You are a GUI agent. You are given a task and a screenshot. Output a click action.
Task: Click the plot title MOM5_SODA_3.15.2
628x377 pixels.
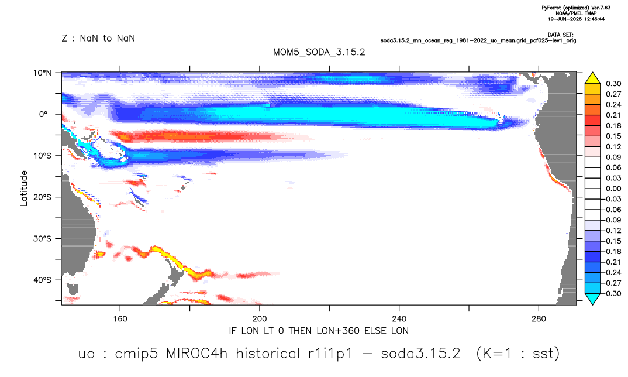tap(319, 53)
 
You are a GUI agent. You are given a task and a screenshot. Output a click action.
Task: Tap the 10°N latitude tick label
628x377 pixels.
tap(42, 73)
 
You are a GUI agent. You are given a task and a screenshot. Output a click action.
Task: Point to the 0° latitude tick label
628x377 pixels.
tap(44, 114)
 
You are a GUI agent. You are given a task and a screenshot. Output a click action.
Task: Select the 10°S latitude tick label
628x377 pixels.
tap(42, 156)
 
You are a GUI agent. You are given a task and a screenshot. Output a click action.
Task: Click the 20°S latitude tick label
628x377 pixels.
tap(42, 197)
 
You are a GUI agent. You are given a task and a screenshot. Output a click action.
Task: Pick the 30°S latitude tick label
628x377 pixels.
tap(42, 239)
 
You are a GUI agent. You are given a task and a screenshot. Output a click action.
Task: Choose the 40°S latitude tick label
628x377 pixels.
tap(42, 280)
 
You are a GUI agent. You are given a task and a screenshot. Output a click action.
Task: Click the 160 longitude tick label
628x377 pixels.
tap(120, 319)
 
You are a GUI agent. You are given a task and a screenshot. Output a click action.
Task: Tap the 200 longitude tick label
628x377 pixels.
tap(260, 319)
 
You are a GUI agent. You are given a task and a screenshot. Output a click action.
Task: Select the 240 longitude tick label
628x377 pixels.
tap(399, 319)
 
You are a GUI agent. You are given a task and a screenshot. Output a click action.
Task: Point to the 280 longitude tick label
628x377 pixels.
tap(539, 319)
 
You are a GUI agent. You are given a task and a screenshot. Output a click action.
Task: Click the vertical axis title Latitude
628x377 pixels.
tap(24, 188)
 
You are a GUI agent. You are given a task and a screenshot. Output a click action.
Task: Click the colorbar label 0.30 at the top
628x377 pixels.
tap(613, 84)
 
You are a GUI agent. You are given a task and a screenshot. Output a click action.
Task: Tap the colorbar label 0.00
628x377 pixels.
tap(613, 188)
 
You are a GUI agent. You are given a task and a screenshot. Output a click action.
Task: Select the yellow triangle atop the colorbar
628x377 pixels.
tap(593, 78)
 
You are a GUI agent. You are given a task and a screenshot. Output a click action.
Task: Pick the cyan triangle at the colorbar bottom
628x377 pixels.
tap(593, 299)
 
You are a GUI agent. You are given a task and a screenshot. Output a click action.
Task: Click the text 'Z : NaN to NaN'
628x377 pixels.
tap(98, 39)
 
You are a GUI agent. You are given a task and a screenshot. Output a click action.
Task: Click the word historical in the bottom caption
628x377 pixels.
tap(268, 354)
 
